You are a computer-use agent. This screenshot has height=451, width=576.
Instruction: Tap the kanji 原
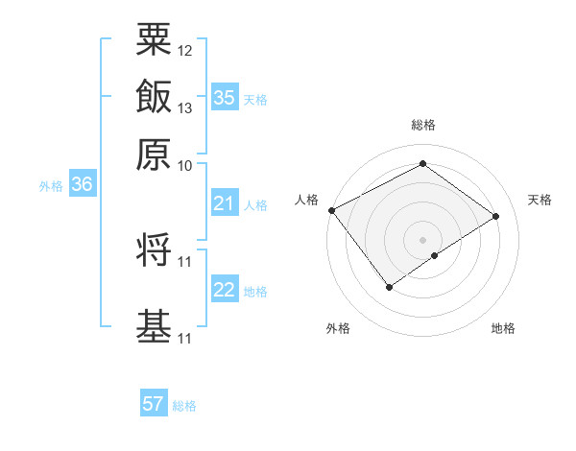154,154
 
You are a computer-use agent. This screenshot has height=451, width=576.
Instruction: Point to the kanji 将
154,250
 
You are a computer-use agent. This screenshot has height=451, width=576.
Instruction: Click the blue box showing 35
225,98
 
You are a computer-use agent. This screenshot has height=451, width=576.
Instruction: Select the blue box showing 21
225,203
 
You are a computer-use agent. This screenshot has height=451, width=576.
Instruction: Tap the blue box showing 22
225,290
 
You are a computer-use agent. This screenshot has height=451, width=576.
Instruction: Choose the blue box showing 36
82,185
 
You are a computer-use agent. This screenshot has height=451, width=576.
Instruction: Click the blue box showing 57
154,404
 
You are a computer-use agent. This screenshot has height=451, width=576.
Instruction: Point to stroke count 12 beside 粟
185,50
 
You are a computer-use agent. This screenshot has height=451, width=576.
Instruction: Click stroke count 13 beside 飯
185,107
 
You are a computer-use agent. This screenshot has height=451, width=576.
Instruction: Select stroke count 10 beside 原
185,165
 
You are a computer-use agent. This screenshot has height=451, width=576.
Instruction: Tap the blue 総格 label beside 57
184,406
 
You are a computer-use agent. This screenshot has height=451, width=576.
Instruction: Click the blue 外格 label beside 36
51,186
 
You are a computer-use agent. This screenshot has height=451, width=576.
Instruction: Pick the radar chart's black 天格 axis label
540,200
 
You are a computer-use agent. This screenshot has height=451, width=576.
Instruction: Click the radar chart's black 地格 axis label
503,329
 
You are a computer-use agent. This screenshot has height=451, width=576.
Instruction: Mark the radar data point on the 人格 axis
331,210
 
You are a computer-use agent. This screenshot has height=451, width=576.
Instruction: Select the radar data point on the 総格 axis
422,164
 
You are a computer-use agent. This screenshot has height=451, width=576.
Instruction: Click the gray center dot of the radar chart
422,239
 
